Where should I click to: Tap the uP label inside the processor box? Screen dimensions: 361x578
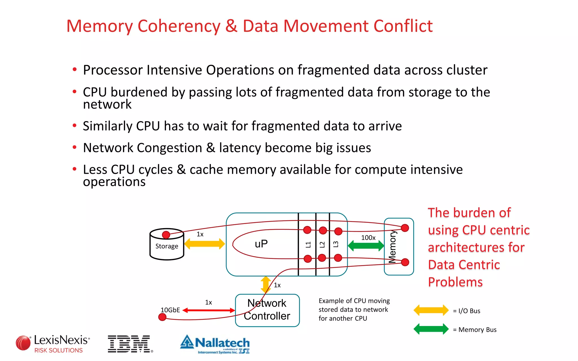click(261, 244)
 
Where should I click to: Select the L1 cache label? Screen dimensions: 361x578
click(308, 245)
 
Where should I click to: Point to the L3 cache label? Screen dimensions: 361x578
click(336, 244)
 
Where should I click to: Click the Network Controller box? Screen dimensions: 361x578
click(267, 310)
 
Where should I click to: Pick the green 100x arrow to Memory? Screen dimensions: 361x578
click(366, 246)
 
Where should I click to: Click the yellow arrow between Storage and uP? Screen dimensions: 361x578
click(204, 244)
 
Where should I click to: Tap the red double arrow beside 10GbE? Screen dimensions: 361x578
click(209, 310)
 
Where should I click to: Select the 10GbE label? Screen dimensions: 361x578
click(170, 310)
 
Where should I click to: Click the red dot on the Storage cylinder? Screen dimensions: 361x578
click(166, 235)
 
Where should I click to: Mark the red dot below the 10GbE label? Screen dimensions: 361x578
click(162, 317)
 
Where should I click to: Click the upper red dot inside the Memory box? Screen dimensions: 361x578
click(405, 228)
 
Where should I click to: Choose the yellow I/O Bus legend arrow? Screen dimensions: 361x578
click(431, 310)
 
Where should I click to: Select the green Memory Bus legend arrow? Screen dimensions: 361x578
click(431, 329)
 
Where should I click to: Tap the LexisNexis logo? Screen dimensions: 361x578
click(53, 343)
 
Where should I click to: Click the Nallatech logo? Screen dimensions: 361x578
click(215, 344)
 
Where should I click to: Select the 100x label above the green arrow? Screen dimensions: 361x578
click(368, 237)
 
